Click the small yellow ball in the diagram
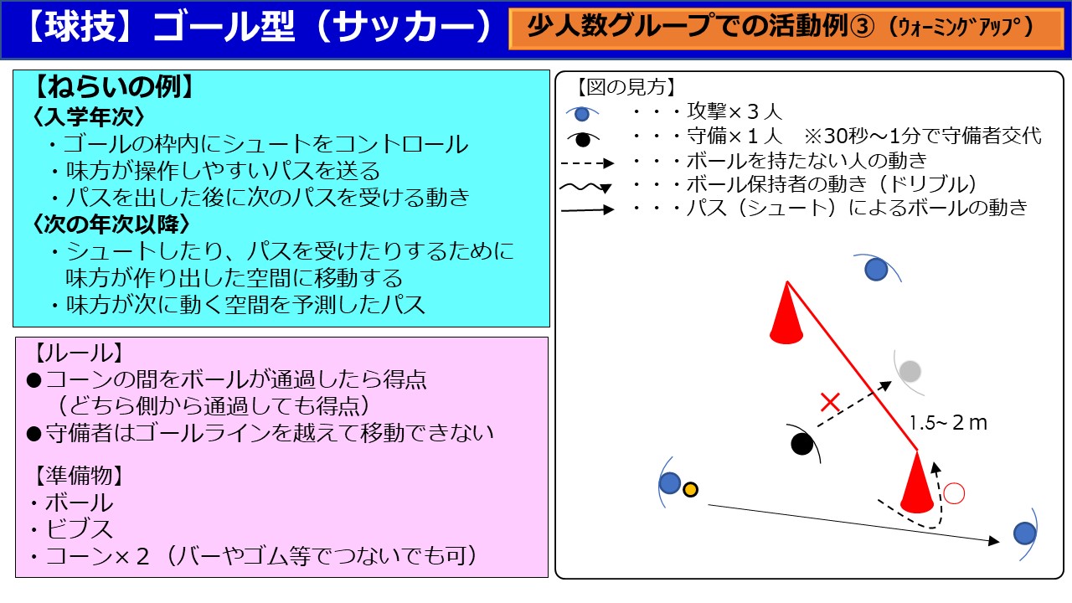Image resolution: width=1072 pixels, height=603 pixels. pos(690,490)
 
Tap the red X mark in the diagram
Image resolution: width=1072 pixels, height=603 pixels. pos(830,403)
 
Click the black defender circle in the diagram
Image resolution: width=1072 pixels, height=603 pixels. pos(802,444)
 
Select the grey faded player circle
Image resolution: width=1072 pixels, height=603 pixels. pos(910,371)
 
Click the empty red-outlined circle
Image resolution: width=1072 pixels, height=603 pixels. pos(954,493)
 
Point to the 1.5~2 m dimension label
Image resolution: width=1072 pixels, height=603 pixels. pos(947,423)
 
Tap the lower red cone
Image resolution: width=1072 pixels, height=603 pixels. pos(916,482)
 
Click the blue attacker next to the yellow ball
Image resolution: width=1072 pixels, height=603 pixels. pos(669,482)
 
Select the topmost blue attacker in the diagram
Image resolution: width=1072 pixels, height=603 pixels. pos(876,270)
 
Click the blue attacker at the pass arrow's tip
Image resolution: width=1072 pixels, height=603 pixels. pos(1024,533)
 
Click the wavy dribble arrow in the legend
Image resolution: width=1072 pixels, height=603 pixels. pos(585,187)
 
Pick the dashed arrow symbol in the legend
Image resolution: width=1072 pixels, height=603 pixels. pos(587,163)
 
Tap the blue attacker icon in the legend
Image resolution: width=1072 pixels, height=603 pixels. pos(582,114)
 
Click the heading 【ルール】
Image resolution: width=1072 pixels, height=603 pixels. pos(79,353)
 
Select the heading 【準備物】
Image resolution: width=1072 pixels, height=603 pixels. pos(79,476)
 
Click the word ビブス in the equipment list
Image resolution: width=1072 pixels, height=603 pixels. pos(80,529)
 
